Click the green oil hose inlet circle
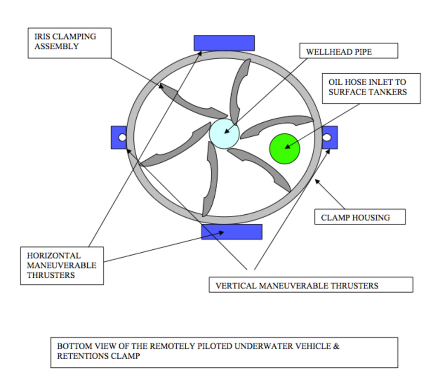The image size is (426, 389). point(285,149)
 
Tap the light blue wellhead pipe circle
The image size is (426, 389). point(224,133)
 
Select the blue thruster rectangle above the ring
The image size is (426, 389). point(224,43)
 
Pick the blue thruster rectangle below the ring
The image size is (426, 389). point(232,232)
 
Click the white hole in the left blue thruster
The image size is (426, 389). point(122,138)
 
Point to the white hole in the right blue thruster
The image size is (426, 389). point(327,138)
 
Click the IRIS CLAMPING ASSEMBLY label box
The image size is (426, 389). point(69,43)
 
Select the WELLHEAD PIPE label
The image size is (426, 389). point(348,51)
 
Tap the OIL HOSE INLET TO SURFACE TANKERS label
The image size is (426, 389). point(371,88)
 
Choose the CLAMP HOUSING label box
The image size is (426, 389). point(360,216)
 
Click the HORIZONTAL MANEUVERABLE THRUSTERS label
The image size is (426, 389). point(62,266)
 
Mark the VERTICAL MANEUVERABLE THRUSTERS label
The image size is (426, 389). point(311,285)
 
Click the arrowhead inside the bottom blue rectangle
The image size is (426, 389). point(221,233)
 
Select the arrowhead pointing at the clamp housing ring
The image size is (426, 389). point(317,181)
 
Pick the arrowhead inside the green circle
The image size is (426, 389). point(288,147)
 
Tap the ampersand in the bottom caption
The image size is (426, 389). point(337,346)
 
